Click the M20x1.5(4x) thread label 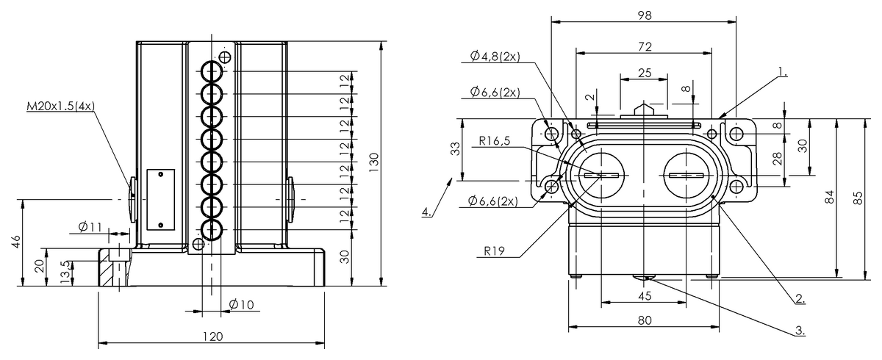tap(61, 107)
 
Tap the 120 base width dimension tap(212, 336)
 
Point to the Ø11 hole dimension tap(91, 226)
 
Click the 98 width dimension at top tap(644, 15)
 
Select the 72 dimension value tap(644, 46)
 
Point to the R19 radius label tap(493, 251)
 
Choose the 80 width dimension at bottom tap(644, 320)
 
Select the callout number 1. tap(782, 73)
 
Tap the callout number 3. tap(800, 330)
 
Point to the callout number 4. tap(426, 212)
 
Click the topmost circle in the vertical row tap(212, 71)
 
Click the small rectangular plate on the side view tap(159, 198)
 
